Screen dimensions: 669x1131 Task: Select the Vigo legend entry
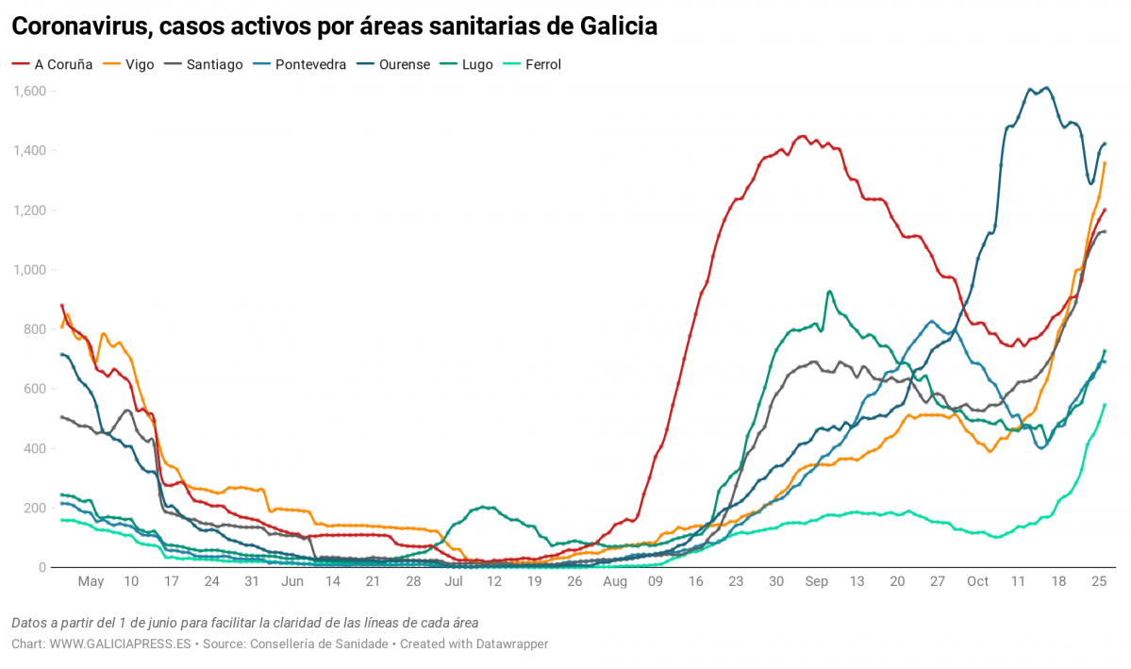[133, 65]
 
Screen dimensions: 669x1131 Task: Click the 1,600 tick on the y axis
[30, 92]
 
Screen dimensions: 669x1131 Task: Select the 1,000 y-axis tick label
[30, 270]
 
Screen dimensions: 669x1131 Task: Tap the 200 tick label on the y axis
[35, 508]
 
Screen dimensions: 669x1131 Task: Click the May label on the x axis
[91, 581]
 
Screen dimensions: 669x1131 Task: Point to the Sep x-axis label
[816, 581]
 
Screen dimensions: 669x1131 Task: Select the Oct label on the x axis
[978, 581]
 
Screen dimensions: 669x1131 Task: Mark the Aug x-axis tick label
[615, 581]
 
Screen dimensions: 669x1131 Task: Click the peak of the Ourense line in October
[1046, 89]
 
